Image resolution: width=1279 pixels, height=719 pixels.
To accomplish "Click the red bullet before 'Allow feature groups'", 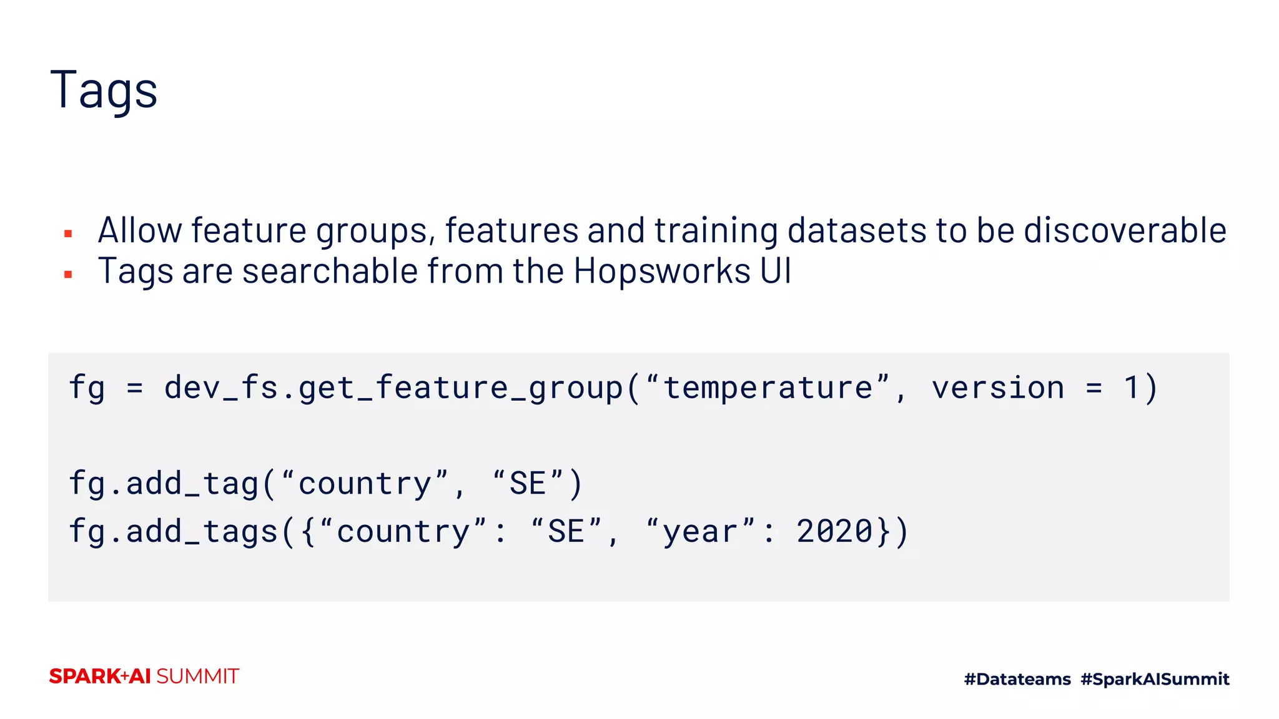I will pyautogui.click(x=68, y=234).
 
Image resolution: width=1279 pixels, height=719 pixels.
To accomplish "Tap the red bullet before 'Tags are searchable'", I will pyautogui.click(x=68, y=274).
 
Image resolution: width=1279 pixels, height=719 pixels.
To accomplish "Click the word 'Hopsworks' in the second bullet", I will pyautogui.click(x=662, y=271).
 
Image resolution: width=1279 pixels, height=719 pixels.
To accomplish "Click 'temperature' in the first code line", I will pyautogui.click(x=768, y=388).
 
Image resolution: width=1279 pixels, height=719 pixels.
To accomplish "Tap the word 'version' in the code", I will pyautogui.click(x=998, y=388).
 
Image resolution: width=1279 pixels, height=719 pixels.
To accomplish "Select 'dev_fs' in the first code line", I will pyautogui.click(x=221, y=388).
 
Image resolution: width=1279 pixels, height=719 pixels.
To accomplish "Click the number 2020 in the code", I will pyautogui.click(x=834, y=531).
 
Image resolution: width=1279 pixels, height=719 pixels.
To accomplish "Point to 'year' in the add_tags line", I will pyautogui.click(x=700, y=532).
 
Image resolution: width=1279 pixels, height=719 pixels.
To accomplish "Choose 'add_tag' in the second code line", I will pyautogui.click(x=192, y=484).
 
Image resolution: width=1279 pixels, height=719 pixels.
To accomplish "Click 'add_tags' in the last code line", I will pyautogui.click(x=202, y=531).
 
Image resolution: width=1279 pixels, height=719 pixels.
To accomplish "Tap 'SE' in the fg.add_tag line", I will pyautogui.click(x=528, y=484).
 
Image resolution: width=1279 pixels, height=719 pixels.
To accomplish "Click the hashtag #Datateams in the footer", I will pyautogui.click(x=1017, y=679).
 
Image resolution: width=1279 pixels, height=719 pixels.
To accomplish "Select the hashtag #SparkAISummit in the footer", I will pyautogui.click(x=1155, y=679).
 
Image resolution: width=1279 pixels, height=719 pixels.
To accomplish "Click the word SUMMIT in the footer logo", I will pyautogui.click(x=197, y=677).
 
